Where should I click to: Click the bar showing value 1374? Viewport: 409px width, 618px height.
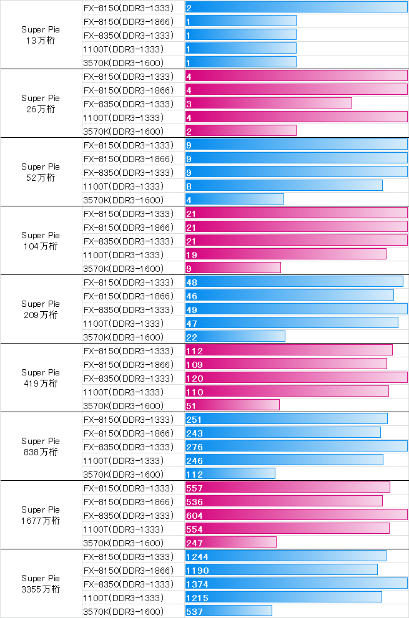tap(296, 584)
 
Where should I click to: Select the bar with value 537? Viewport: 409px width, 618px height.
tap(229, 611)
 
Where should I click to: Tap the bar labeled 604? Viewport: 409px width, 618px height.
tap(296, 515)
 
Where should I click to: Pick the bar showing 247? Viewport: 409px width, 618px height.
tap(230, 543)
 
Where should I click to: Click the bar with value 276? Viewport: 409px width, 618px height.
tap(296, 447)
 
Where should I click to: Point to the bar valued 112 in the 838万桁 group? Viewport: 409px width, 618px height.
tap(230, 474)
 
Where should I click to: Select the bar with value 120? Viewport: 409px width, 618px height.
tap(296, 378)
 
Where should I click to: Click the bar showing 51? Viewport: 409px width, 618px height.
tap(232, 405)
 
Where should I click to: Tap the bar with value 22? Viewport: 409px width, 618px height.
tap(235, 337)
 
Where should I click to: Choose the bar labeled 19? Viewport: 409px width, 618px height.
tap(285, 254)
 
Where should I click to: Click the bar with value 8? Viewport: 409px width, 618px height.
tap(283, 186)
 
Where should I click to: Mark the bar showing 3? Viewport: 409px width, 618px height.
tap(269, 104)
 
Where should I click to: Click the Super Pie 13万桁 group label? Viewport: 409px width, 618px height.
tap(41, 34)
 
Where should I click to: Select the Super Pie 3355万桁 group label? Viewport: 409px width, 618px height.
tap(41, 583)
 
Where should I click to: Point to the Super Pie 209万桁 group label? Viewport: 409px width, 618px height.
tap(41, 309)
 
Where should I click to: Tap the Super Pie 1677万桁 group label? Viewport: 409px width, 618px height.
tap(41, 514)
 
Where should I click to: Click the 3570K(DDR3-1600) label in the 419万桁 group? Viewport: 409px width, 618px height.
tap(123, 405)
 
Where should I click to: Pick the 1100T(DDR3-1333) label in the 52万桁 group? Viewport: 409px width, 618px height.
tap(123, 186)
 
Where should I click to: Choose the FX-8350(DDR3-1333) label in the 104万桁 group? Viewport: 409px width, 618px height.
tap(128, 241)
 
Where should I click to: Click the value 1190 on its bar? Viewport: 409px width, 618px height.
tap(197, 571)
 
